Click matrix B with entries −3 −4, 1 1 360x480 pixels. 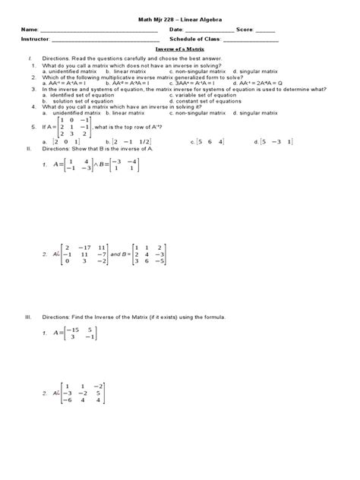pyautogui.click(x=123, y=165)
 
